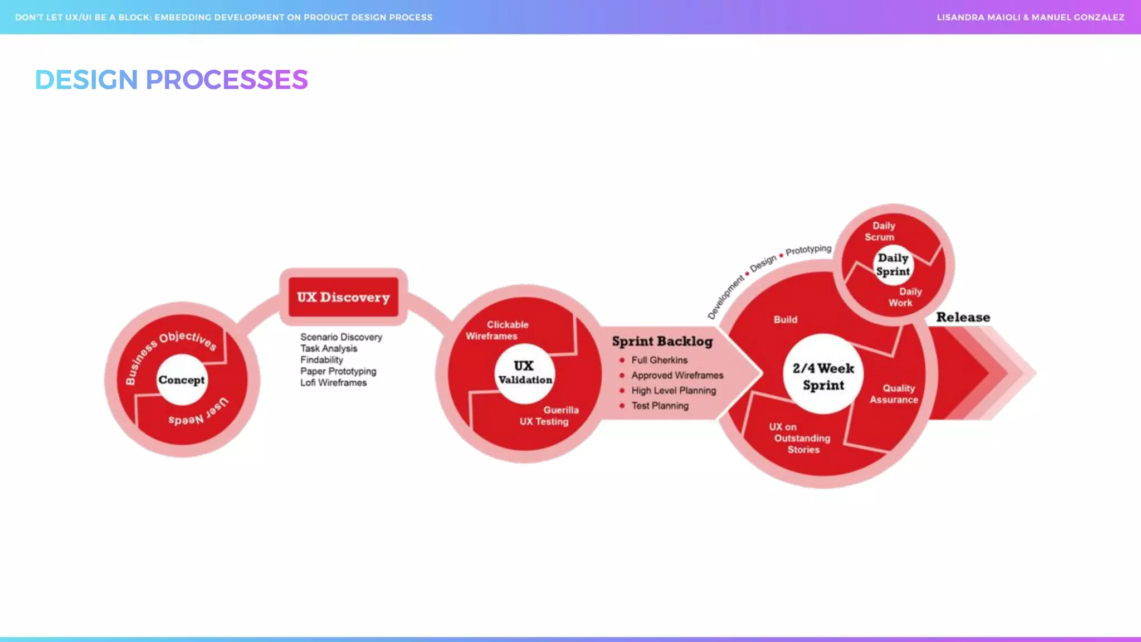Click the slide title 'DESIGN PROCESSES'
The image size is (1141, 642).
click(171, 80)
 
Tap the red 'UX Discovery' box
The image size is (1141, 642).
click(343, 297)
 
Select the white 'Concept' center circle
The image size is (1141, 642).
click(182, 380)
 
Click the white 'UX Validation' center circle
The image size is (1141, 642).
click(524, 373)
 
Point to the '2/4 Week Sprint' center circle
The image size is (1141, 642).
click(823, 376)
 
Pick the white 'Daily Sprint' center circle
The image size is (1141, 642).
click(893, 265)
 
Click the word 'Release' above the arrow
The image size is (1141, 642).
click(963, 317)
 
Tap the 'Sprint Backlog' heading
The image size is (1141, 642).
click(662, 341)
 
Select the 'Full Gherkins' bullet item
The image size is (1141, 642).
click(659, 360)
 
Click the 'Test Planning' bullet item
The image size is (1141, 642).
click(660, 406)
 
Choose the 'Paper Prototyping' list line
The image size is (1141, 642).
click(338, 371)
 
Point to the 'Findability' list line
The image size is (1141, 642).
click(321, 360)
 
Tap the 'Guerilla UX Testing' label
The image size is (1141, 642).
click(548, 416)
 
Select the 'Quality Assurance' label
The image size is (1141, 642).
click(895, 394)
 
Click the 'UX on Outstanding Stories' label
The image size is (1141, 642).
click(800, 438)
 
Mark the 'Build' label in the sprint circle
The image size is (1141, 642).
click(785, 320)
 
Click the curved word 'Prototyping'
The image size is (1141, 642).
click(808, 250)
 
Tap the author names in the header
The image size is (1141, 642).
click(1030, 17)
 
